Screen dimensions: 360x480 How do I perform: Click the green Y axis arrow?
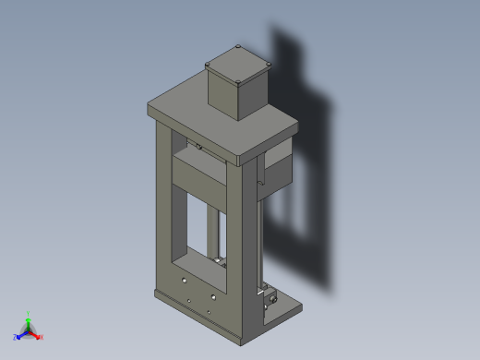click(x=28, y=317)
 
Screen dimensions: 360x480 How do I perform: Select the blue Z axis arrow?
click(x=18, y=337)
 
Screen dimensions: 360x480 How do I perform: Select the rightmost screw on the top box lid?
click(x=269, y=64)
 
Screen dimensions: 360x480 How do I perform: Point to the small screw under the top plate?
click(x=198, y=146)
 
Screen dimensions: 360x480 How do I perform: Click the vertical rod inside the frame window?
click(x=218, y=235)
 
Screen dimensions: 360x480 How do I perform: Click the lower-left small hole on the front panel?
click(x=189, y=300)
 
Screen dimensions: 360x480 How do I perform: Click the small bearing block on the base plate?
click(x=271, y=298)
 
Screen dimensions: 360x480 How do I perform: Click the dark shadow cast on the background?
click(x=305, y=185)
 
